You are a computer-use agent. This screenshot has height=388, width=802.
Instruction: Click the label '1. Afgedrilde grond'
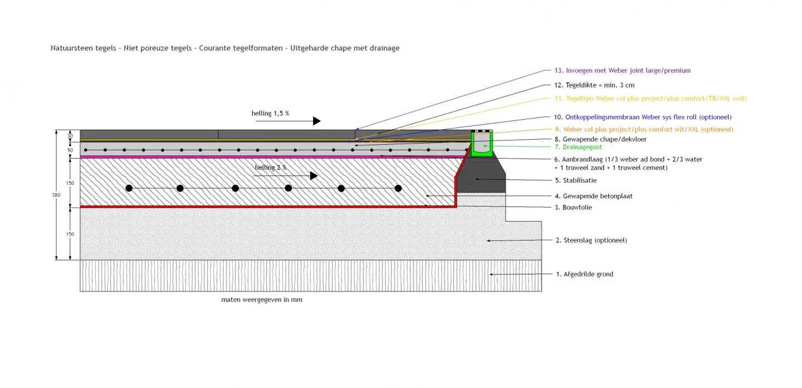(584, 274)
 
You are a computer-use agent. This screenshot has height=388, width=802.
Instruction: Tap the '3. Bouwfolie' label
(573, 207)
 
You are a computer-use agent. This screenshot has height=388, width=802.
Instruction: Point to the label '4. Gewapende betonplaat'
(593, 196)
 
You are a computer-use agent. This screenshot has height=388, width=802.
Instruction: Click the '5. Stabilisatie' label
(575, 180)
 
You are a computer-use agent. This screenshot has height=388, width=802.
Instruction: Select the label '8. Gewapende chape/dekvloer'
(600, 139)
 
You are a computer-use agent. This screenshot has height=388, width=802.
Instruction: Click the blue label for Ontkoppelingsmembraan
(642, 117)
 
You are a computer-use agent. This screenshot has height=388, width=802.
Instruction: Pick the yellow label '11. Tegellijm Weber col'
(650, 99)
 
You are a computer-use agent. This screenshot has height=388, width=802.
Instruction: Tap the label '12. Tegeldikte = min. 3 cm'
(594, 85)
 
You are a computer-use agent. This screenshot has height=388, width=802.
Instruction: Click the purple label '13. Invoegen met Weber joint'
(622, 71)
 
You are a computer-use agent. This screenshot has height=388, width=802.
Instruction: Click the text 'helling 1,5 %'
(270, 113)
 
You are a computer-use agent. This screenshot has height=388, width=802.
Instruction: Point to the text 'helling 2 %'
(271, 168)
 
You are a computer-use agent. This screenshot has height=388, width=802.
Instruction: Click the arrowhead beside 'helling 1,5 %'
(316, 121)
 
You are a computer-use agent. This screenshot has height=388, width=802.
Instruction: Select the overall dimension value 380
(56, 195)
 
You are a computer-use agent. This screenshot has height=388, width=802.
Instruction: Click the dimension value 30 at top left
(71, 135)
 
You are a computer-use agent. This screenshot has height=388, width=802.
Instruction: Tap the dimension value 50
(71, 150)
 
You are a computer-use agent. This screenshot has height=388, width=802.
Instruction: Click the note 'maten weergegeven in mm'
(262, 299)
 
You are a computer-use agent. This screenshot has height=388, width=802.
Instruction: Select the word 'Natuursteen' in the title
(68, 48)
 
